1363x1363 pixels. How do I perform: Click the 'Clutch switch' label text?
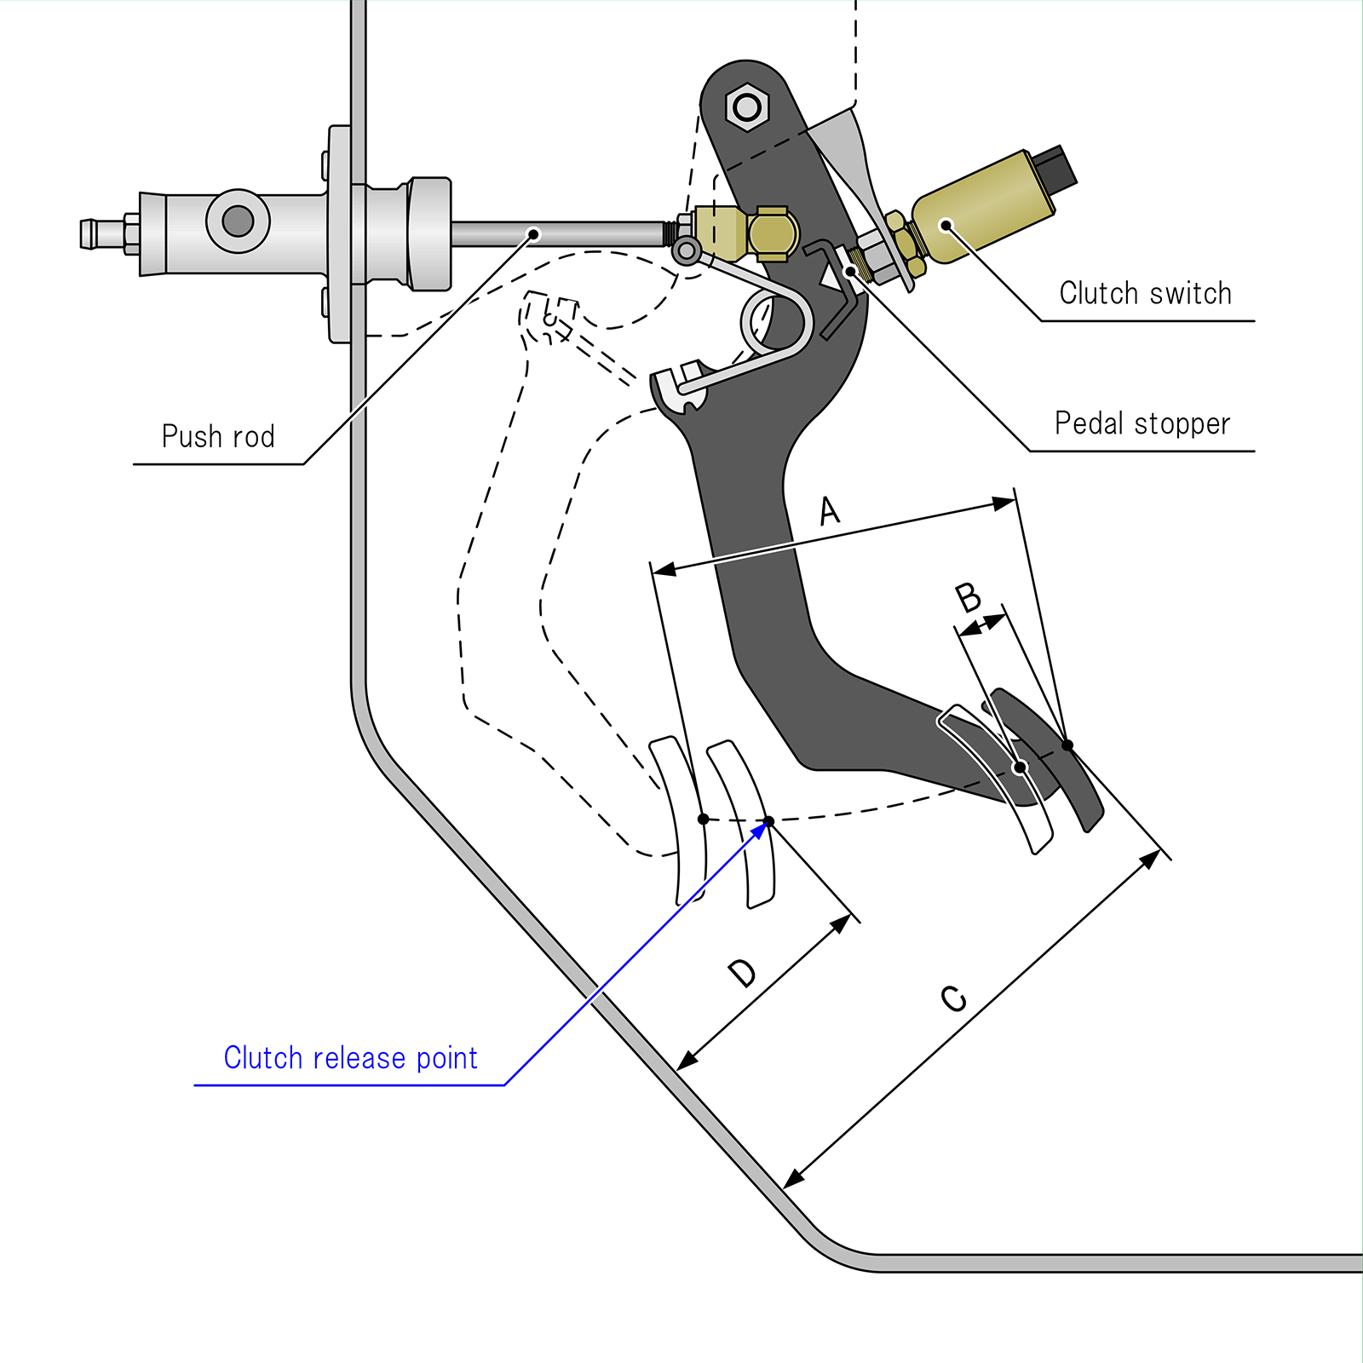point(1145,293)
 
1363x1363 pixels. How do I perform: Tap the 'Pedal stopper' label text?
point(1142,423)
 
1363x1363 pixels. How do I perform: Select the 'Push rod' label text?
point(218,436)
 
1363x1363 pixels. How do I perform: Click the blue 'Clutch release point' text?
point(350,1058)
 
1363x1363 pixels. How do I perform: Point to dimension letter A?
point(829,511)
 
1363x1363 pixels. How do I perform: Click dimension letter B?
point(968,597)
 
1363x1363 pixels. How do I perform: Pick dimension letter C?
point(954,998)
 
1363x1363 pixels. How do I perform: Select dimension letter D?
point(742,973)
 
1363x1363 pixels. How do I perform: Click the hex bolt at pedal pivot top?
point(747,107)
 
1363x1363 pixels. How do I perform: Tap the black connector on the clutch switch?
point(1056,168)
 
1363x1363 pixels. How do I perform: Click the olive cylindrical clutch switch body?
point(980,209)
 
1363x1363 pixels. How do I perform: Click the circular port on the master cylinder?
point(238,221)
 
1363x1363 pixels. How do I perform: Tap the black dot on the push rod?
point(534,234)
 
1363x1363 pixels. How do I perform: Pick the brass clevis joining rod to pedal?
point(750,233)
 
